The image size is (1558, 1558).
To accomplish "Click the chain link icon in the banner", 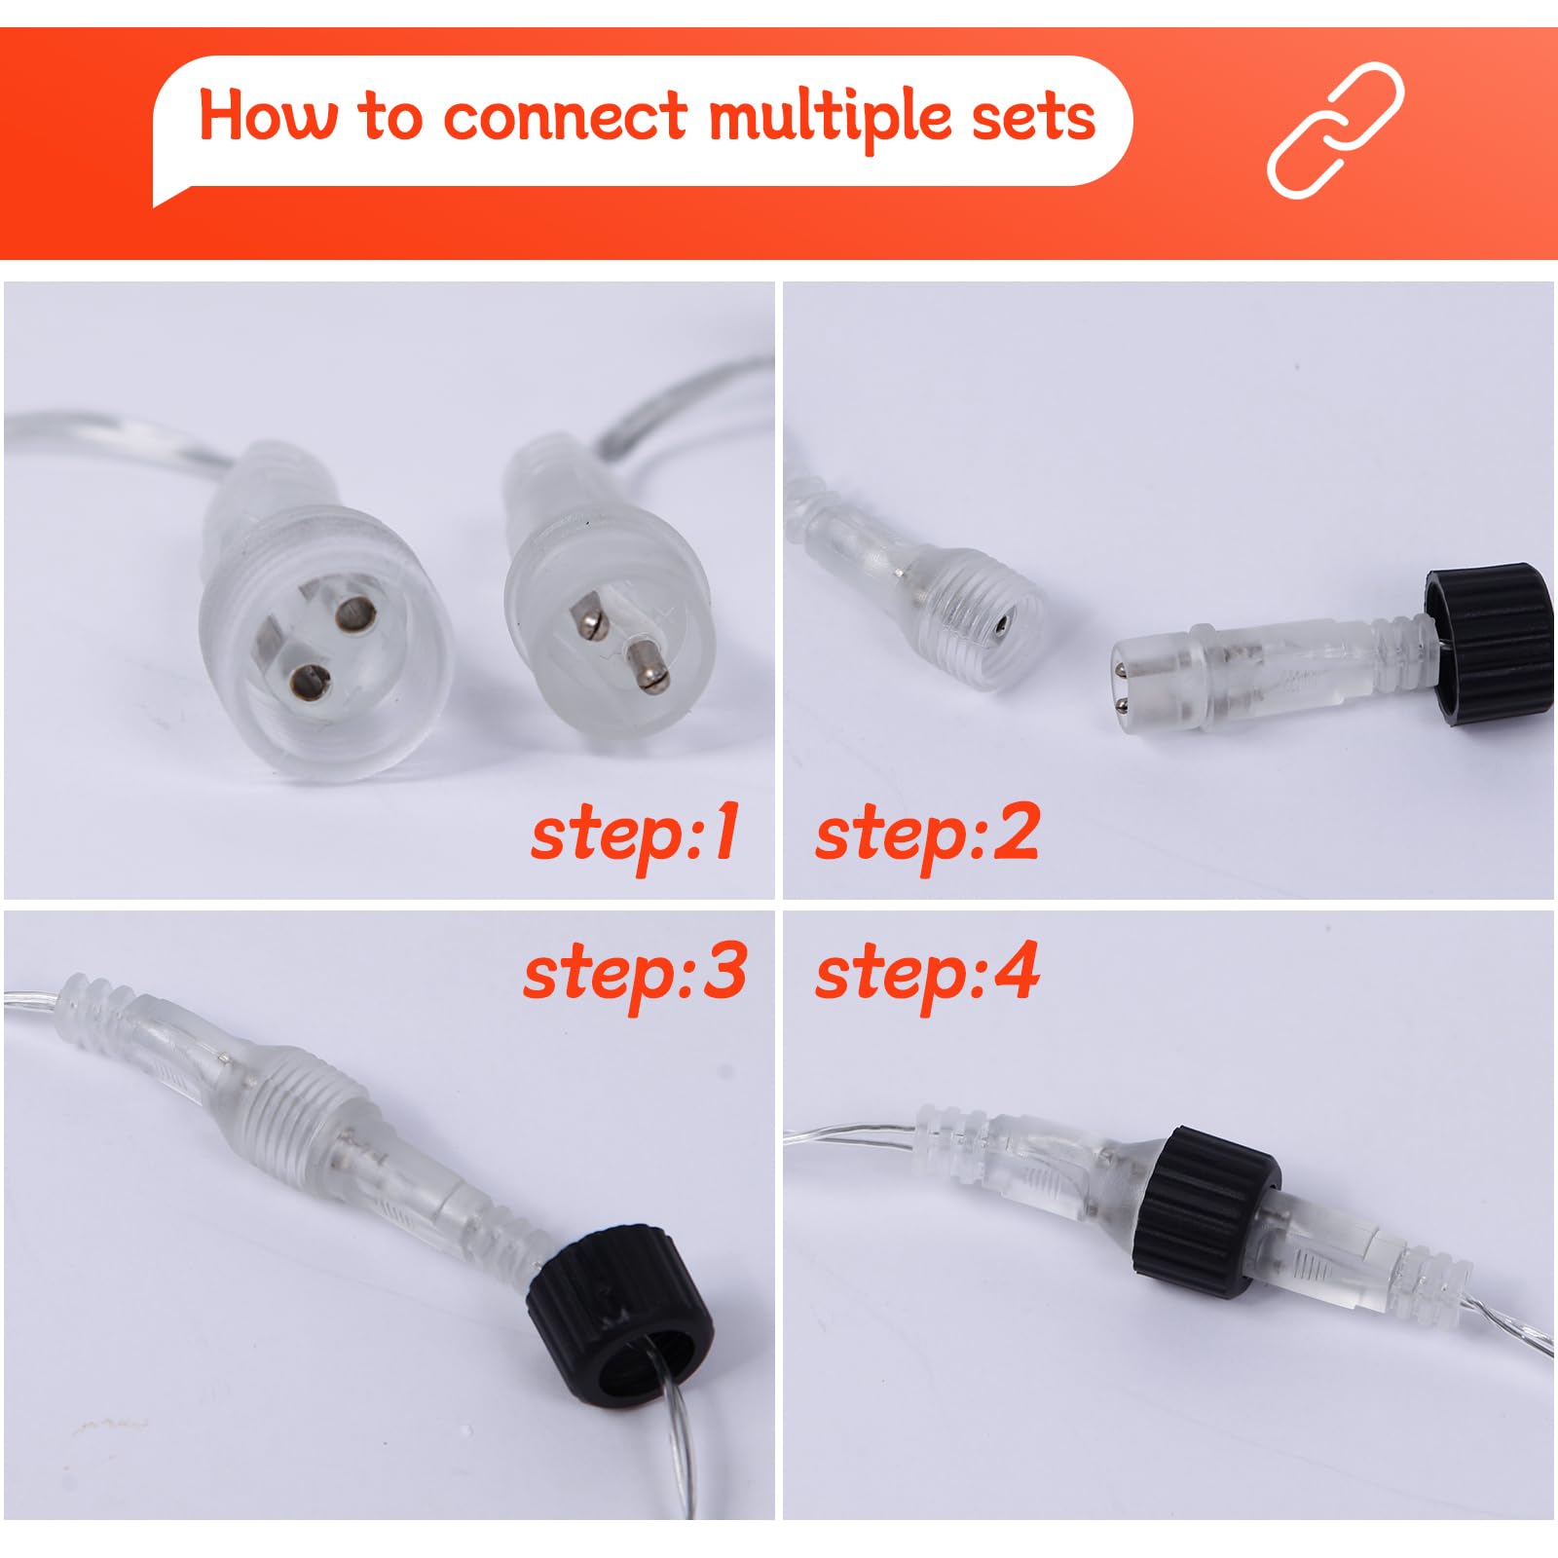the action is coord(1336,130).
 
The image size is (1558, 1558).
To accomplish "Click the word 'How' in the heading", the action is coord(268,115).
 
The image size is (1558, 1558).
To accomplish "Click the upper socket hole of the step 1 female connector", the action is coord(354,614).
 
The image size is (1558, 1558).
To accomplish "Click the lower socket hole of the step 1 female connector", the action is coord(310,683).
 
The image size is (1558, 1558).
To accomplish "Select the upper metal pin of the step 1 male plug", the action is coord(590,620).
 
